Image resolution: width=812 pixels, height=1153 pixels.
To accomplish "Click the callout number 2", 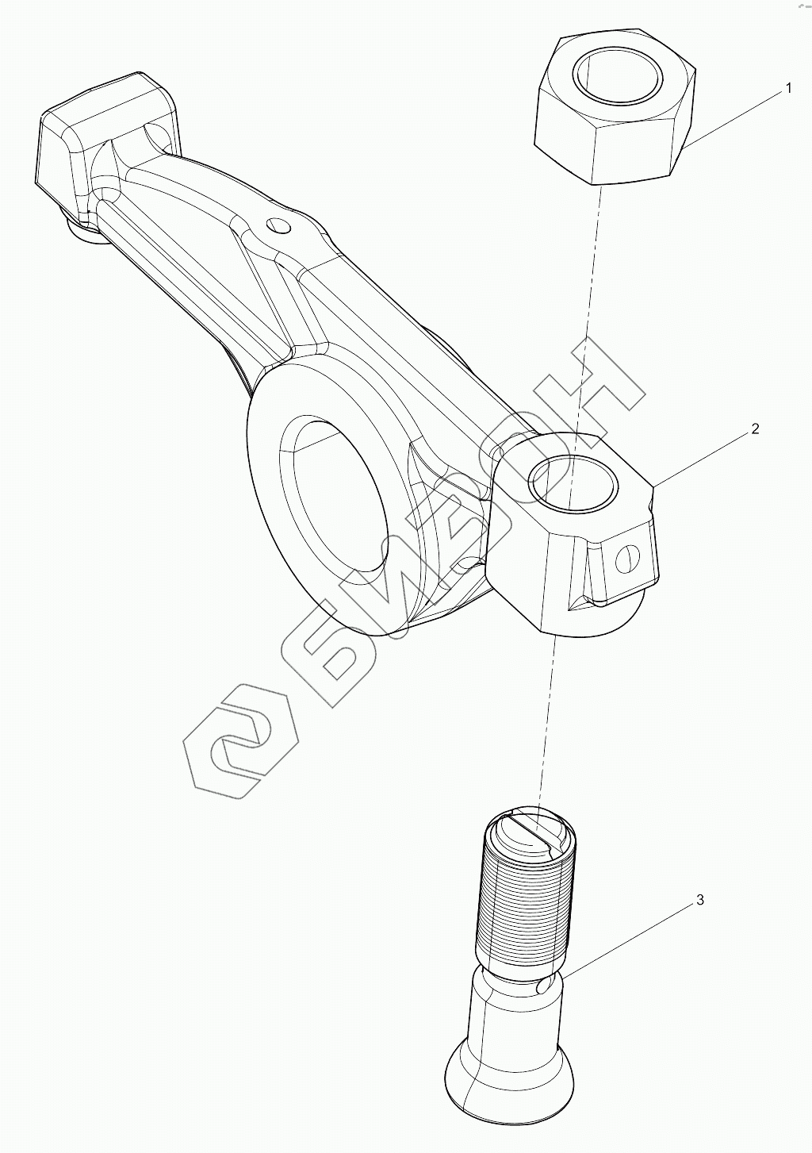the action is [755, 429].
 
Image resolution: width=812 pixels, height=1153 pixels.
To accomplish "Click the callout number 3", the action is [699, 900].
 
